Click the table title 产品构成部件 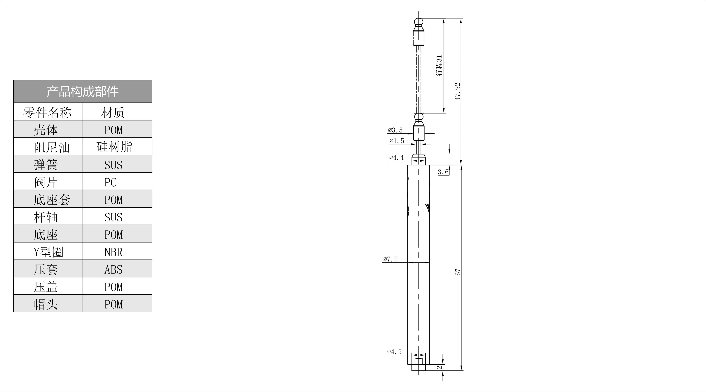(x=83, y=92)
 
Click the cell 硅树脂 (x=114, y=147)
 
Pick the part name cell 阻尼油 (x=52, y=147)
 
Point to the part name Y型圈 (x=48, y=252)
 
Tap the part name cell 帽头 (x=46, y=304)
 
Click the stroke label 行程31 (x=439, y=66)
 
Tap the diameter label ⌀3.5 (x=395, y=130)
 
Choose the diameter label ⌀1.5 (x=397, y=141)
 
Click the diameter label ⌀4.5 (x=394, y=352)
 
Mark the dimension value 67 (x=458, y=272)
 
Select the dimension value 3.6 (x=443, y=172)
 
